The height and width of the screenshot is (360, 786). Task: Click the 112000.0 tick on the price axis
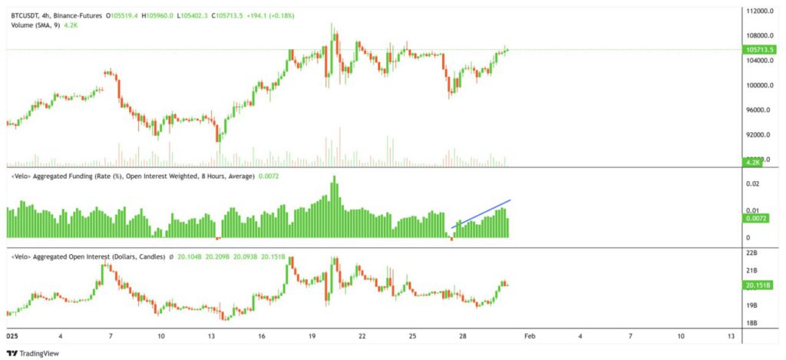[x=758, y=11]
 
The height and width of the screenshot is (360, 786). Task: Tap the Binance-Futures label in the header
[x=81, y=15]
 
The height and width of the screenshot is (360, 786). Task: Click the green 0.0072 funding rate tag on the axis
[x=754, y=219]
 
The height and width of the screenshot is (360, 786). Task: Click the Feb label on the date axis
[x=530, y=336]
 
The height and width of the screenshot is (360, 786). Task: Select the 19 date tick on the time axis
[x=312, y=336]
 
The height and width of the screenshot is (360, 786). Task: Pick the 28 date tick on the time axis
[x=464, y=336]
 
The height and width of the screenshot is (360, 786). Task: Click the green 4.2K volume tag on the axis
[x=752, y=162]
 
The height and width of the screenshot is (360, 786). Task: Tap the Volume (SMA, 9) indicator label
[x=37, y=25]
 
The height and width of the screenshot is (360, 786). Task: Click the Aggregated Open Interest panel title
[x=88, y=257]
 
